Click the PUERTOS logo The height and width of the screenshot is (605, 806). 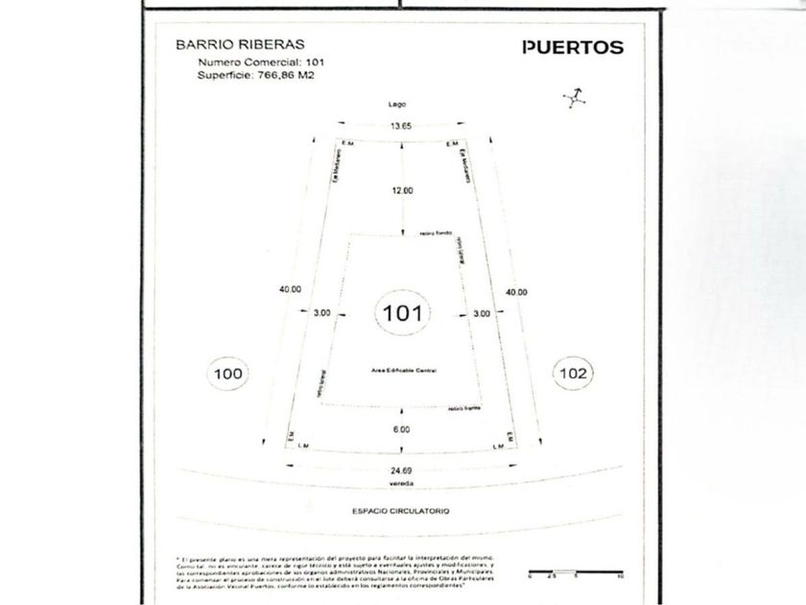pyautogui.click(x=572, y=47)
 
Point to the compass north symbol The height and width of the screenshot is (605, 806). pyautogui.click(x=574, y=97)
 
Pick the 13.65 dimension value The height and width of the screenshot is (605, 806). pyautogui.click(x=400, y=126)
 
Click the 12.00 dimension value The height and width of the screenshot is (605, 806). pyautogui.click(x=402, y=190)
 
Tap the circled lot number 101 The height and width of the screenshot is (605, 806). pyautogui.click(x=402, y=312)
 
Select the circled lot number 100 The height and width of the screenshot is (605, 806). pyautogui.click(x=228, y=373)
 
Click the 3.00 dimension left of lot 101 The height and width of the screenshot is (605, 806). pyautogui.click(x=322, y=312)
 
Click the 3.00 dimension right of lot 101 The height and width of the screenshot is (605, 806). pyautogui.click(x=482, y=312)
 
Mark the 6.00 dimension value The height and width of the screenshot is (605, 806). pyautogui.click(x=401, y=429)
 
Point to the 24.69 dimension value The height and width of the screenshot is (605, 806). pyautogui.click(x=400, y=471)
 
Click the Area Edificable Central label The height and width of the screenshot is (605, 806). pyautogui.click(x=402, y=370)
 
